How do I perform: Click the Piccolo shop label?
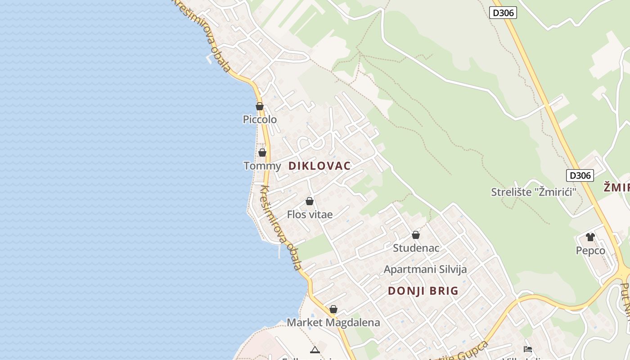click(260, 120)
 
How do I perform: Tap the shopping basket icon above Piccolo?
click(260, 107)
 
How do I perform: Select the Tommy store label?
click(262, 166)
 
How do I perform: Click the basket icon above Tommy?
click(262, 153)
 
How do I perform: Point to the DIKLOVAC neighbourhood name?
click(319, 166)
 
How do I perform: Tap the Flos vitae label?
click(310, 215)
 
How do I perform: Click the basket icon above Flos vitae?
click(310, 201)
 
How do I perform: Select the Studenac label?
click(416, 248)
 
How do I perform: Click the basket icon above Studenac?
click(416, 235)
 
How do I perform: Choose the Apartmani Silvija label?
click(425, 270)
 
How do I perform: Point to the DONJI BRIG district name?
click(423, 291)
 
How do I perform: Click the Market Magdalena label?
click(333, 323)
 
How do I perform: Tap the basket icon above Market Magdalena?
click(333, 309)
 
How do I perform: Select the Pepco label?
click(590, 251)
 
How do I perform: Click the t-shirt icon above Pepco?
click(590, 237)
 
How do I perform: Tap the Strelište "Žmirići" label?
click(534, 192)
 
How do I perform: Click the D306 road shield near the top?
click(503, 13)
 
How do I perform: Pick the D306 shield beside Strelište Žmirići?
click(580, 175)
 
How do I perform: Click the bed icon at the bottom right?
click(528, 349)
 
